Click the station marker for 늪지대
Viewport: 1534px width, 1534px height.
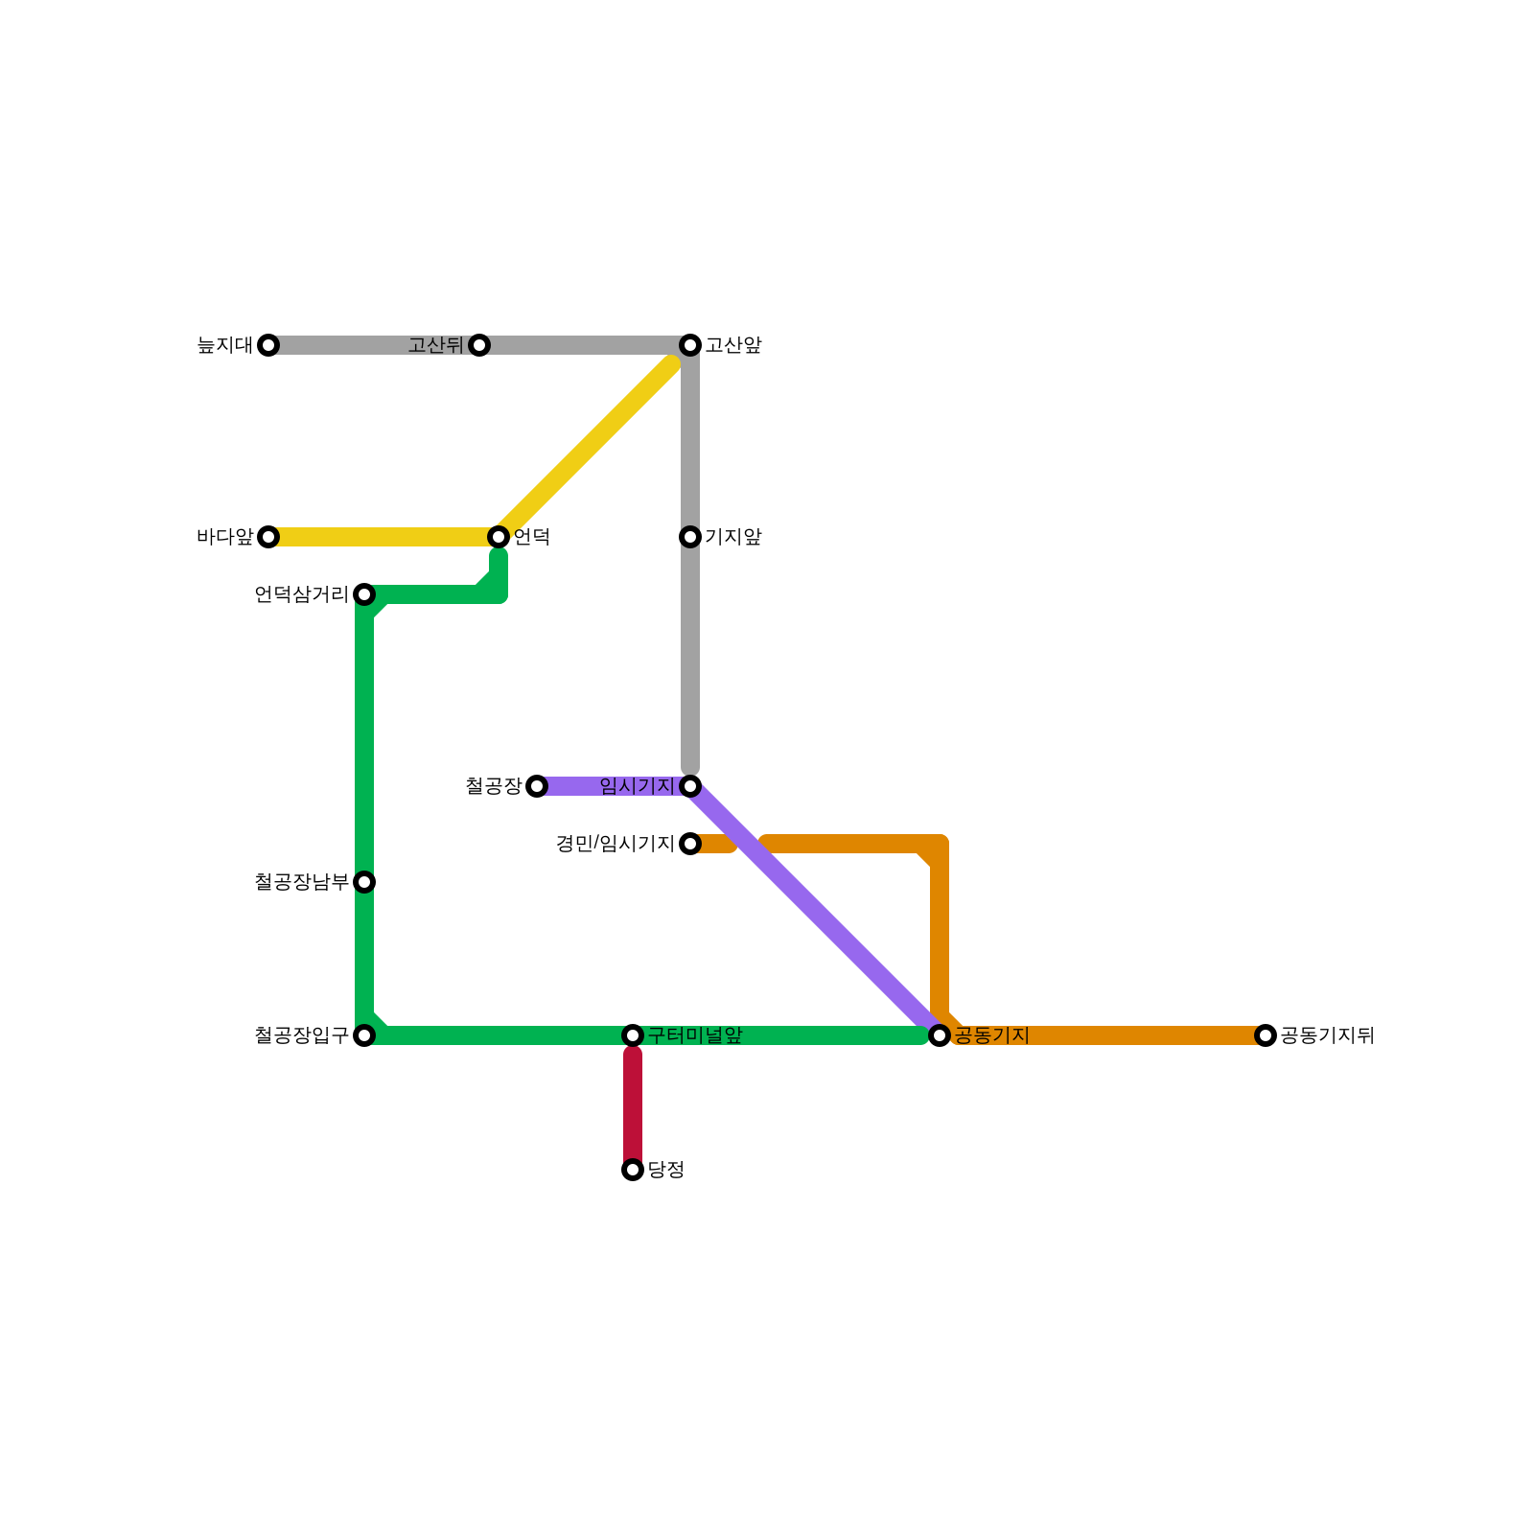[268, 345]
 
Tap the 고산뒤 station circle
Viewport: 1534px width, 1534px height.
[479, 345]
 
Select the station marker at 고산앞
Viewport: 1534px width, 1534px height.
[690, 345]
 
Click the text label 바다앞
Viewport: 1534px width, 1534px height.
[224, 537]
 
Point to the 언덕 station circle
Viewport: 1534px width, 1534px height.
[499, 537]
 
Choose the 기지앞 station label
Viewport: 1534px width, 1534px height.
[733, 537]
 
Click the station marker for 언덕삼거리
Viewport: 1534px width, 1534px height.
[364, 594]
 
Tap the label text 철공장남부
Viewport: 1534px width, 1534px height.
[301, 882]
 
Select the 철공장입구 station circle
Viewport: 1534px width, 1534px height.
[364, 1035]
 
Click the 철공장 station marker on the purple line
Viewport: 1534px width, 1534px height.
[537, 786]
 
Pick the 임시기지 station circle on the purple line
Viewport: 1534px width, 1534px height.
[690, 786]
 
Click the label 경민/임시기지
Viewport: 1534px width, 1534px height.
[615, 844]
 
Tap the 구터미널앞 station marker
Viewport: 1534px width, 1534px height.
[633, 1035]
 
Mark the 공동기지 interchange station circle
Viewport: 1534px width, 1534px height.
[940, 1035]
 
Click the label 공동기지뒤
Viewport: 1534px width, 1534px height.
[1328, 1035]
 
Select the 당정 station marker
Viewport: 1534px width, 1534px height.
[633, 1170]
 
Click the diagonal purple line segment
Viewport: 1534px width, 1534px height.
[815, 911]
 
